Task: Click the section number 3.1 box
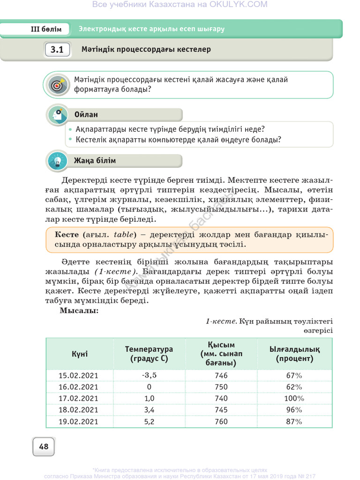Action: click(57, 50)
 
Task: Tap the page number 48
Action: click(44, 447)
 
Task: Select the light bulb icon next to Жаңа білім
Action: click(58, 161)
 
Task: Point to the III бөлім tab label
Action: click(46, 29)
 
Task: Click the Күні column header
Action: click(79, 354)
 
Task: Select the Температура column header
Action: click(149, 354)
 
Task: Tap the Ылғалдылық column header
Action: click(294, 354)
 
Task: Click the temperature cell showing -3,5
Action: click(149, 375)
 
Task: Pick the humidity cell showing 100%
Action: click(294, 398)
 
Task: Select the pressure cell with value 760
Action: click(221, 421)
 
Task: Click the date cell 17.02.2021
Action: click(79, 398)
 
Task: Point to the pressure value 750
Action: click(221, 387)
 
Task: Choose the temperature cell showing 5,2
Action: click(149, 421)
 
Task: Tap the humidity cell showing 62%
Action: click(294, 387)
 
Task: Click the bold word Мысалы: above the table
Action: click(79, 311)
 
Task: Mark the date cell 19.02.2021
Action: click(79, 421)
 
